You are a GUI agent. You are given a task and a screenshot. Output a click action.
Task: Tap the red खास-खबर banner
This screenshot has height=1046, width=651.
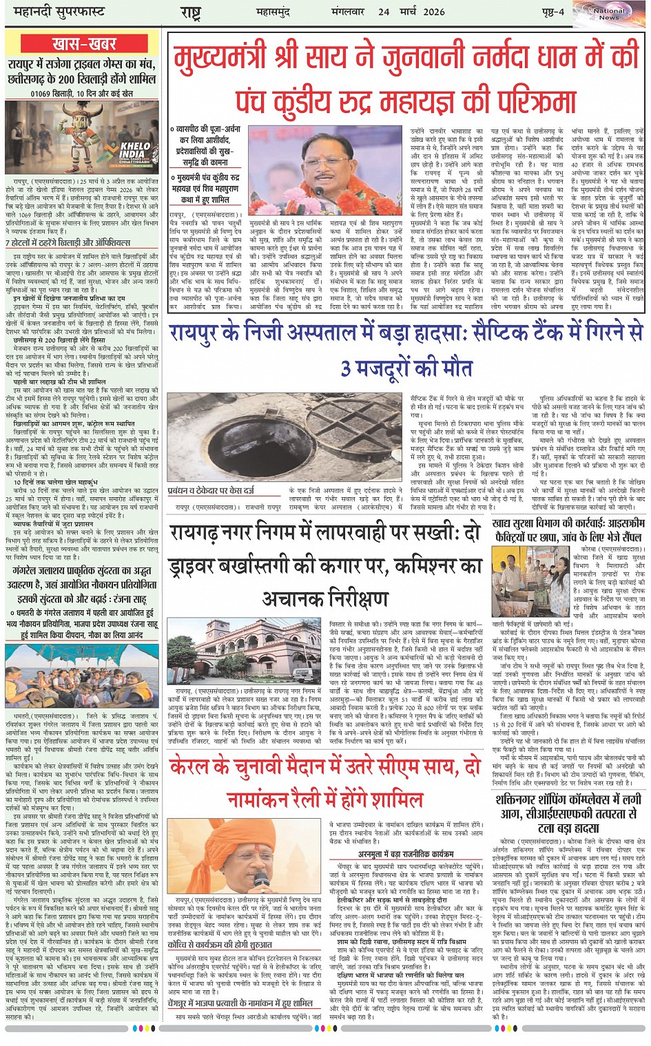83,44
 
